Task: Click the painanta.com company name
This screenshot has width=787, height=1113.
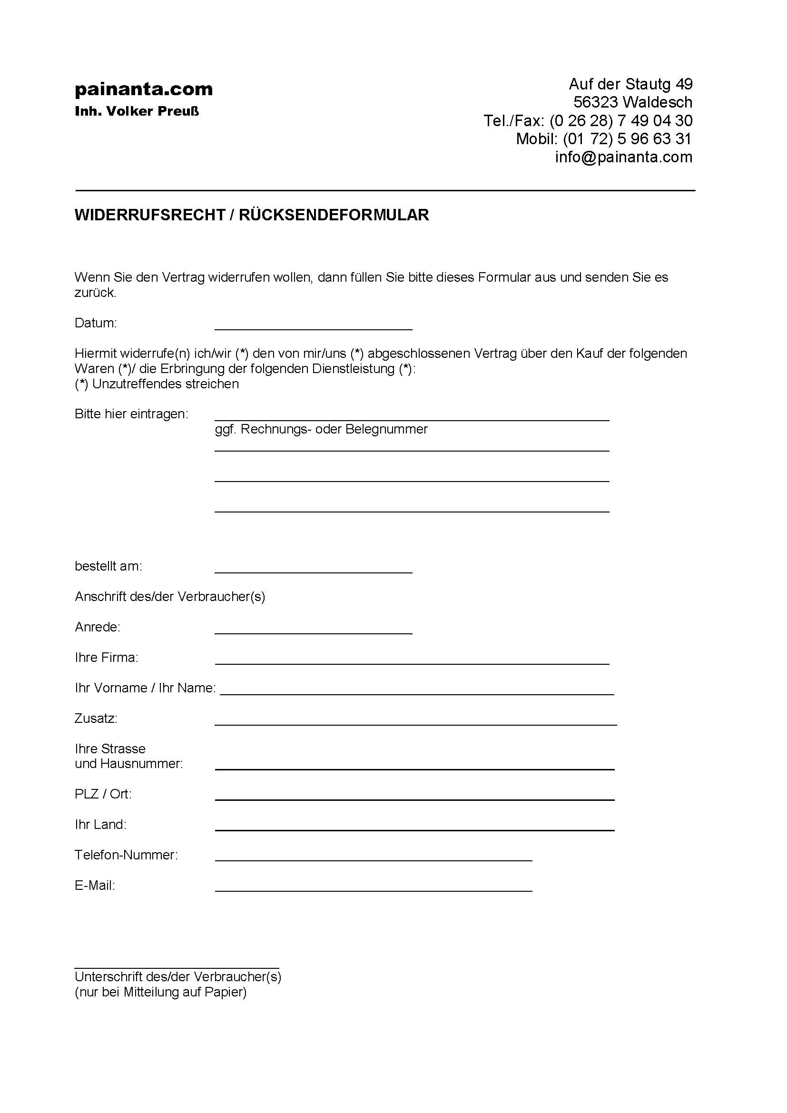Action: pyautogui.click(x=143, y=89)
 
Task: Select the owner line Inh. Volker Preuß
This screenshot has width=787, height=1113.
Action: pyautogui.click(x=137, y=111)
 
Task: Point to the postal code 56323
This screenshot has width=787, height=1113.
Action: pyautogui.click(x=596, y=102)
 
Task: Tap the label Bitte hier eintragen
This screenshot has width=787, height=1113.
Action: pyautogui.click(x=131, y=414)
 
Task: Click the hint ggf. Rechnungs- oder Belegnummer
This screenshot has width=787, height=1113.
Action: pyautogui.click(x=321, y=430)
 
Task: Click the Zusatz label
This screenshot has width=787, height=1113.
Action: pyautogui.click(x=96, y=719)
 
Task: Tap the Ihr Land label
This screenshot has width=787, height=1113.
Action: pyautogui.click(x=100, y=825)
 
